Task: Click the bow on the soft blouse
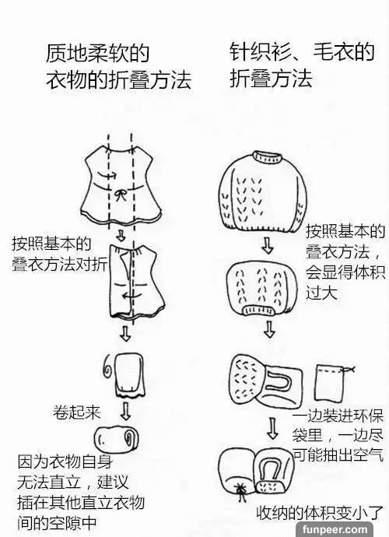[120, 195]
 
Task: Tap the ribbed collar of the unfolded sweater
[268, 157]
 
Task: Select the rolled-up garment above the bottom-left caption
[117, 439]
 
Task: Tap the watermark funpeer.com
[335, 529]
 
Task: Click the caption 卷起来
[77, 412]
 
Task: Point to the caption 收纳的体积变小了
[320, 513]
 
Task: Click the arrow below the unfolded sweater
[268, 244]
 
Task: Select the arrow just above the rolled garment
[126, 412]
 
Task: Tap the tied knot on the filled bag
[241, 489]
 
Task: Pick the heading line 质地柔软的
[97, 54]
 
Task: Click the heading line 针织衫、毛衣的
[302, 52]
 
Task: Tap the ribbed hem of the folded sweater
[259, 311]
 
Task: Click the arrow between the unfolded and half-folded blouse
[120, 235]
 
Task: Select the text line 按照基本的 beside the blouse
[51, 244]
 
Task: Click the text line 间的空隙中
[58, 523]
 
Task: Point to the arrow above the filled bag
[272, 428]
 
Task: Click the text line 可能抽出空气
[338, 455]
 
